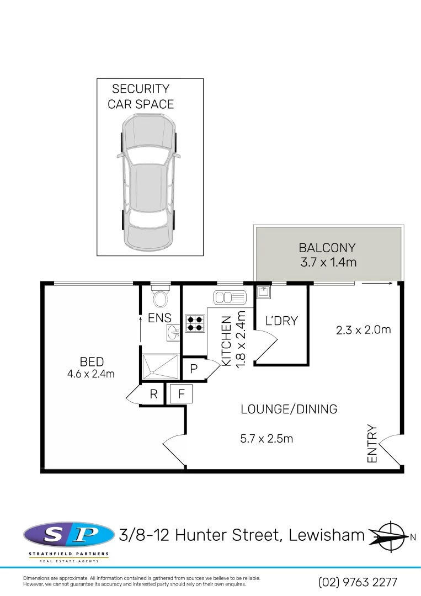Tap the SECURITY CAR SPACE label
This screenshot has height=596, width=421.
click(x=141, y=97)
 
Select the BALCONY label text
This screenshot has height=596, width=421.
click(x=327, y=248)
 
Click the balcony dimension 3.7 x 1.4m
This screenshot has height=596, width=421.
click(x=328, y=263)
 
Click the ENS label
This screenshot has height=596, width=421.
click(x=159, y=318)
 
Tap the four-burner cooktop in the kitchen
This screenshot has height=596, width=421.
click(x=195, y=323)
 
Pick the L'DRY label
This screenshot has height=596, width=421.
click(x=281, y=321)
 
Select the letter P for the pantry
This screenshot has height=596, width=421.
click(x=194, y=370)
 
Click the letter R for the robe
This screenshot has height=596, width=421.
click(x=154, y=395)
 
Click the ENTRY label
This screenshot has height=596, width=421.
click(x=372, y=444)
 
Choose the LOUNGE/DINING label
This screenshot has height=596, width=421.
click(x=289, y=409)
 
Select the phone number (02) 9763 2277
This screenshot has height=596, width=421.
click(x=358, y=582)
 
